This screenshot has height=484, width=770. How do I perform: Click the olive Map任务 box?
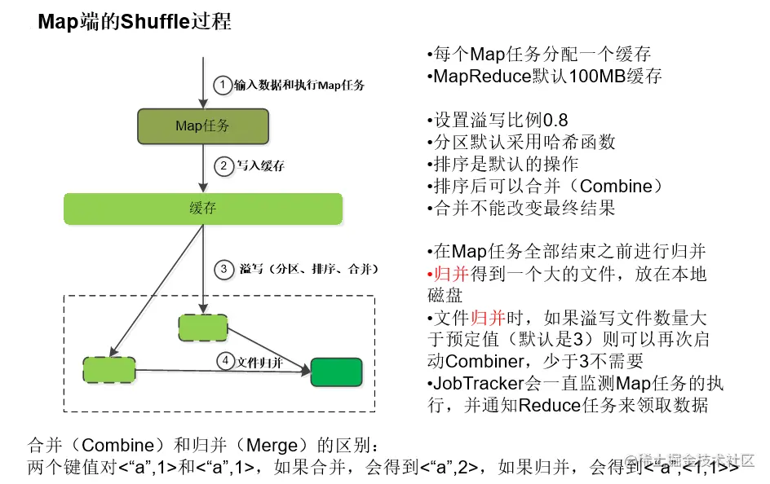coord(203,125)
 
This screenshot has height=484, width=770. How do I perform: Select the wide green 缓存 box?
coord(202,209)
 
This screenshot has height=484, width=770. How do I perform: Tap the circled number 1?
coord(223,85)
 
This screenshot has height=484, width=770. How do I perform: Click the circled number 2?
coord(223,165)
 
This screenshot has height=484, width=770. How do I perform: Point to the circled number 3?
coord(223,268)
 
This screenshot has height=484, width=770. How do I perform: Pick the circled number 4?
coord(225,361)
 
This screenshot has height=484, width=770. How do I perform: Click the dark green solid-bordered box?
coord(336,372)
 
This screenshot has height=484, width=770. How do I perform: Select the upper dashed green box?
coord(202,327)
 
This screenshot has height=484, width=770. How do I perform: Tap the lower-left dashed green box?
coord(108,369)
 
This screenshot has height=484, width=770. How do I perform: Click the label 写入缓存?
coord(260,165)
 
